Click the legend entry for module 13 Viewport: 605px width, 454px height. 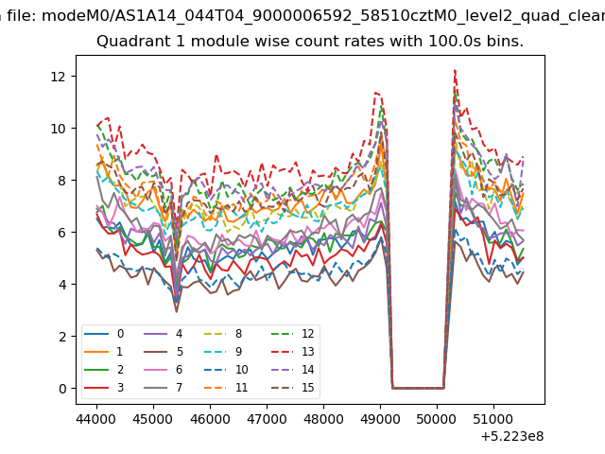292,352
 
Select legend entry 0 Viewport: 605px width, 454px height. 104,334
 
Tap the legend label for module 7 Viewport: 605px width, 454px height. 163,387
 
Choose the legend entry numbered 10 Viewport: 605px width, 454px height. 226,370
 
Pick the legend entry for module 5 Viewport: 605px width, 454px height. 163,352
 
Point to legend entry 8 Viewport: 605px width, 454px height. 223,334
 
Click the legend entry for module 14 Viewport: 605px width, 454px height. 292,370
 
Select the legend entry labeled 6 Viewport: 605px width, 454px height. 163,370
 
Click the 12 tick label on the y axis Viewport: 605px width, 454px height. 59,77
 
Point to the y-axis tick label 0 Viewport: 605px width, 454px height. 62,389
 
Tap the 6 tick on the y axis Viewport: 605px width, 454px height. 62,233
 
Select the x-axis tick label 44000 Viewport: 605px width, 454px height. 96,419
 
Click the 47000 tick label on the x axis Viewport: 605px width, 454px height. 267,419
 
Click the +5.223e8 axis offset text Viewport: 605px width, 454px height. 512,436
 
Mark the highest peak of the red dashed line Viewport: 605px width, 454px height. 456,70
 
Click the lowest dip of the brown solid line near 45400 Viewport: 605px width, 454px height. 177,311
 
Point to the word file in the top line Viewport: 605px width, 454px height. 21,16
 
